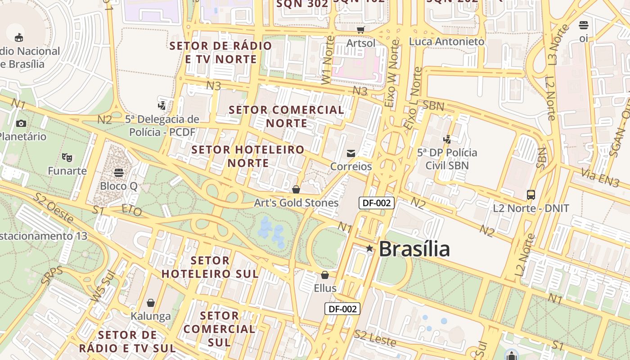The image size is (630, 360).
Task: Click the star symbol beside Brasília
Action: point(369,248)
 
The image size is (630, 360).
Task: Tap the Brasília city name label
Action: point(414,249)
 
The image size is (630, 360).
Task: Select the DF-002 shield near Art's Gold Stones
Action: point(377,203)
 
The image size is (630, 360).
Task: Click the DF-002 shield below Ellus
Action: point(342,309)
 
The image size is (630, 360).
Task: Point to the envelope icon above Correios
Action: point(351,153)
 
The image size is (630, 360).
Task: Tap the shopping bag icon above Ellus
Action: point(325,274)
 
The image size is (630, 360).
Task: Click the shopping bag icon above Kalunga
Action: point(151,303)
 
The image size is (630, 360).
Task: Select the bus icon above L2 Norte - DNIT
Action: point(531,195)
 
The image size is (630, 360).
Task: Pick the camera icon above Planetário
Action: point(21,123)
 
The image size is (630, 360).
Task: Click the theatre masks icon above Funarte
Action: point(67,157)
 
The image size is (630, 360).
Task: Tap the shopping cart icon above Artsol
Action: point(360,30)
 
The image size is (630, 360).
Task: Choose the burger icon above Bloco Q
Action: point(119,173)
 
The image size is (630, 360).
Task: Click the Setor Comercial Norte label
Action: point(287,117)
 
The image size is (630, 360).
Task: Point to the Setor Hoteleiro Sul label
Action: point(210,267)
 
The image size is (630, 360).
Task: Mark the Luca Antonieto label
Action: point(446,41)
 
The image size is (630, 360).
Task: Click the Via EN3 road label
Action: point(600,177)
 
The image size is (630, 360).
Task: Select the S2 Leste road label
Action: point(375,338)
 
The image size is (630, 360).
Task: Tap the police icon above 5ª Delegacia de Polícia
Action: point(162,106)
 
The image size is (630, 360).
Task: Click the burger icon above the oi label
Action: point(584,25)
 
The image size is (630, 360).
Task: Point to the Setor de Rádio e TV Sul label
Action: point(128,342)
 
